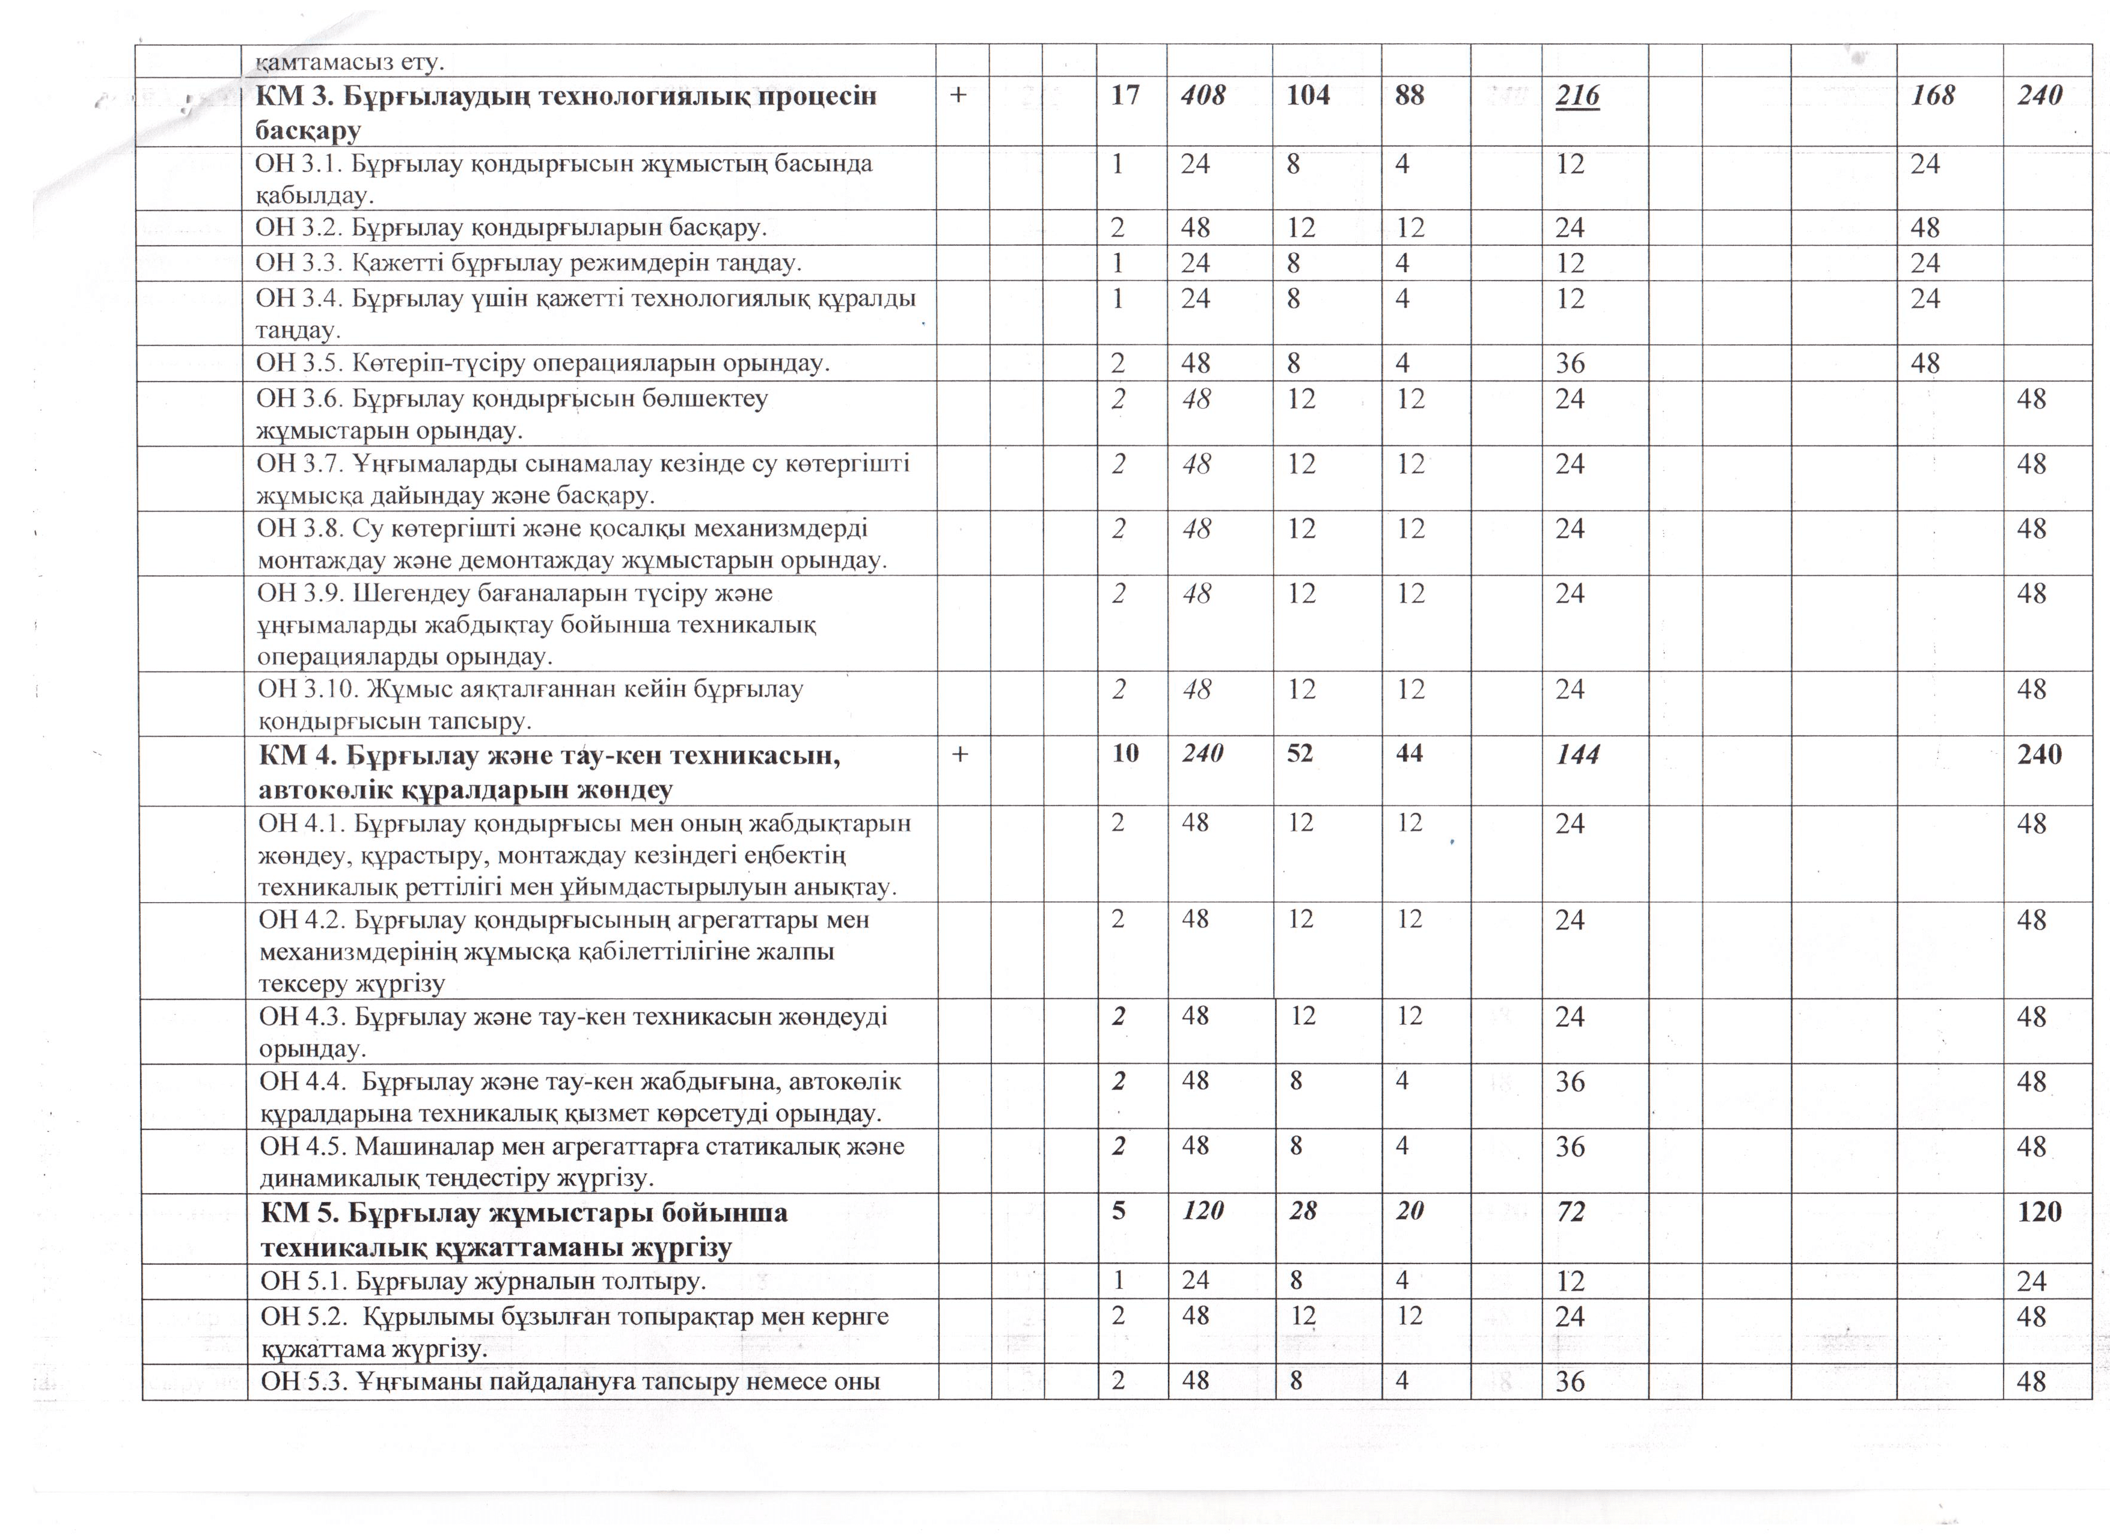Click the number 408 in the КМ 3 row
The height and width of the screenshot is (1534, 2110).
(1202, 96)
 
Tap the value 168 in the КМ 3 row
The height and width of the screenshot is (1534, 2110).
(1931, 96)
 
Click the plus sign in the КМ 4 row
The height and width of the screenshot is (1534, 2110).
(960, 754)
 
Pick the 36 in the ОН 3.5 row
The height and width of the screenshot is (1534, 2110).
(1570, 363)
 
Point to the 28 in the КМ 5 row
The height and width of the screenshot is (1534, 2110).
(1303, 1211)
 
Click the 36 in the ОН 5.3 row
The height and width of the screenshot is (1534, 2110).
(1570, 1381)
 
